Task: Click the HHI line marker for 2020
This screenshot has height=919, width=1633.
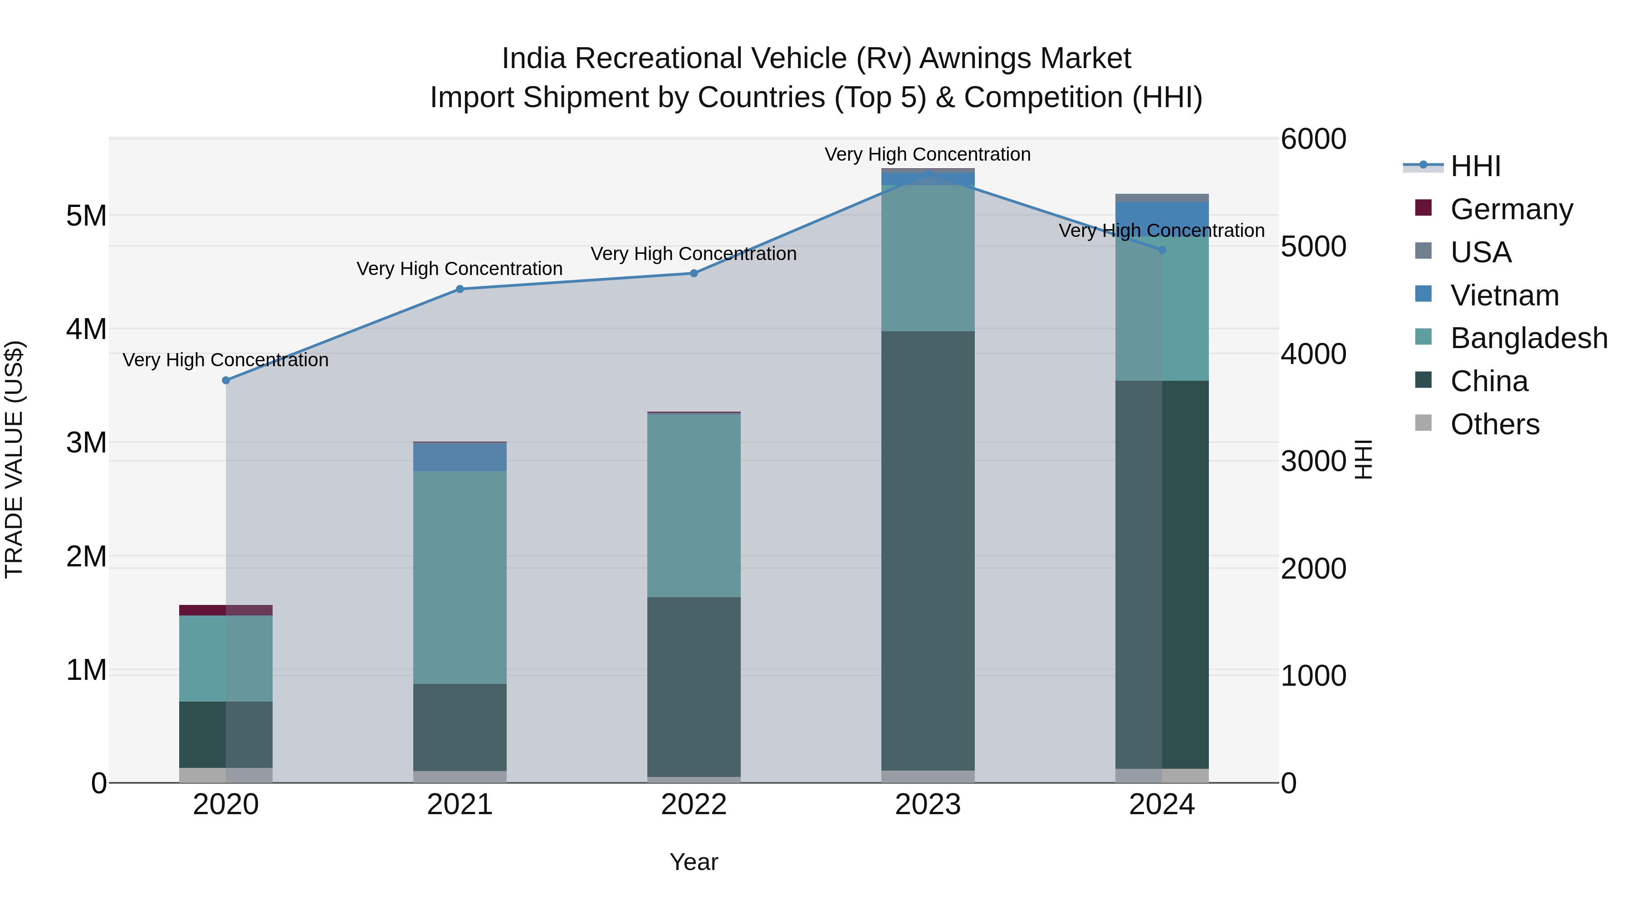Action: point(226,381)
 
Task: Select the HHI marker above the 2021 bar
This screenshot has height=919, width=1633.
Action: point(460,289)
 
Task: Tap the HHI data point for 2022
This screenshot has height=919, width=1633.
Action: point(694,273)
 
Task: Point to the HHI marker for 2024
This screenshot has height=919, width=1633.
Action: point(1162,250)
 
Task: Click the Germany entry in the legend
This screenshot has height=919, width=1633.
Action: point(1511,209)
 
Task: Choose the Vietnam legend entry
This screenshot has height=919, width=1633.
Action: point(1504,295)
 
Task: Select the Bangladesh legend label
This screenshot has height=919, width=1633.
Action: point(1528,338)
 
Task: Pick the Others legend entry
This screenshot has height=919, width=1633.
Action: point(1495,424)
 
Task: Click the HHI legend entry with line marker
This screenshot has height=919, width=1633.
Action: point(1475,166)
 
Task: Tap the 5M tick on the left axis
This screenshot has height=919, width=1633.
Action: point(86,216)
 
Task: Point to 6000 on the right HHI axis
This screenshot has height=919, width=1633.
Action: point(1313,139)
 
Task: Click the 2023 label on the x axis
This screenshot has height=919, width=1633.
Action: point(928,805)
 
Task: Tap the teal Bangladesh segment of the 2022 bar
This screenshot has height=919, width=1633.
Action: point(694,506)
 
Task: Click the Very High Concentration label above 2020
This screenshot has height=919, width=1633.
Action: point(226,360)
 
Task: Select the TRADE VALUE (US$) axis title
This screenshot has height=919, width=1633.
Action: point(14,460)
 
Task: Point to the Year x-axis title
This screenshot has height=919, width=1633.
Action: point(694,863)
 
